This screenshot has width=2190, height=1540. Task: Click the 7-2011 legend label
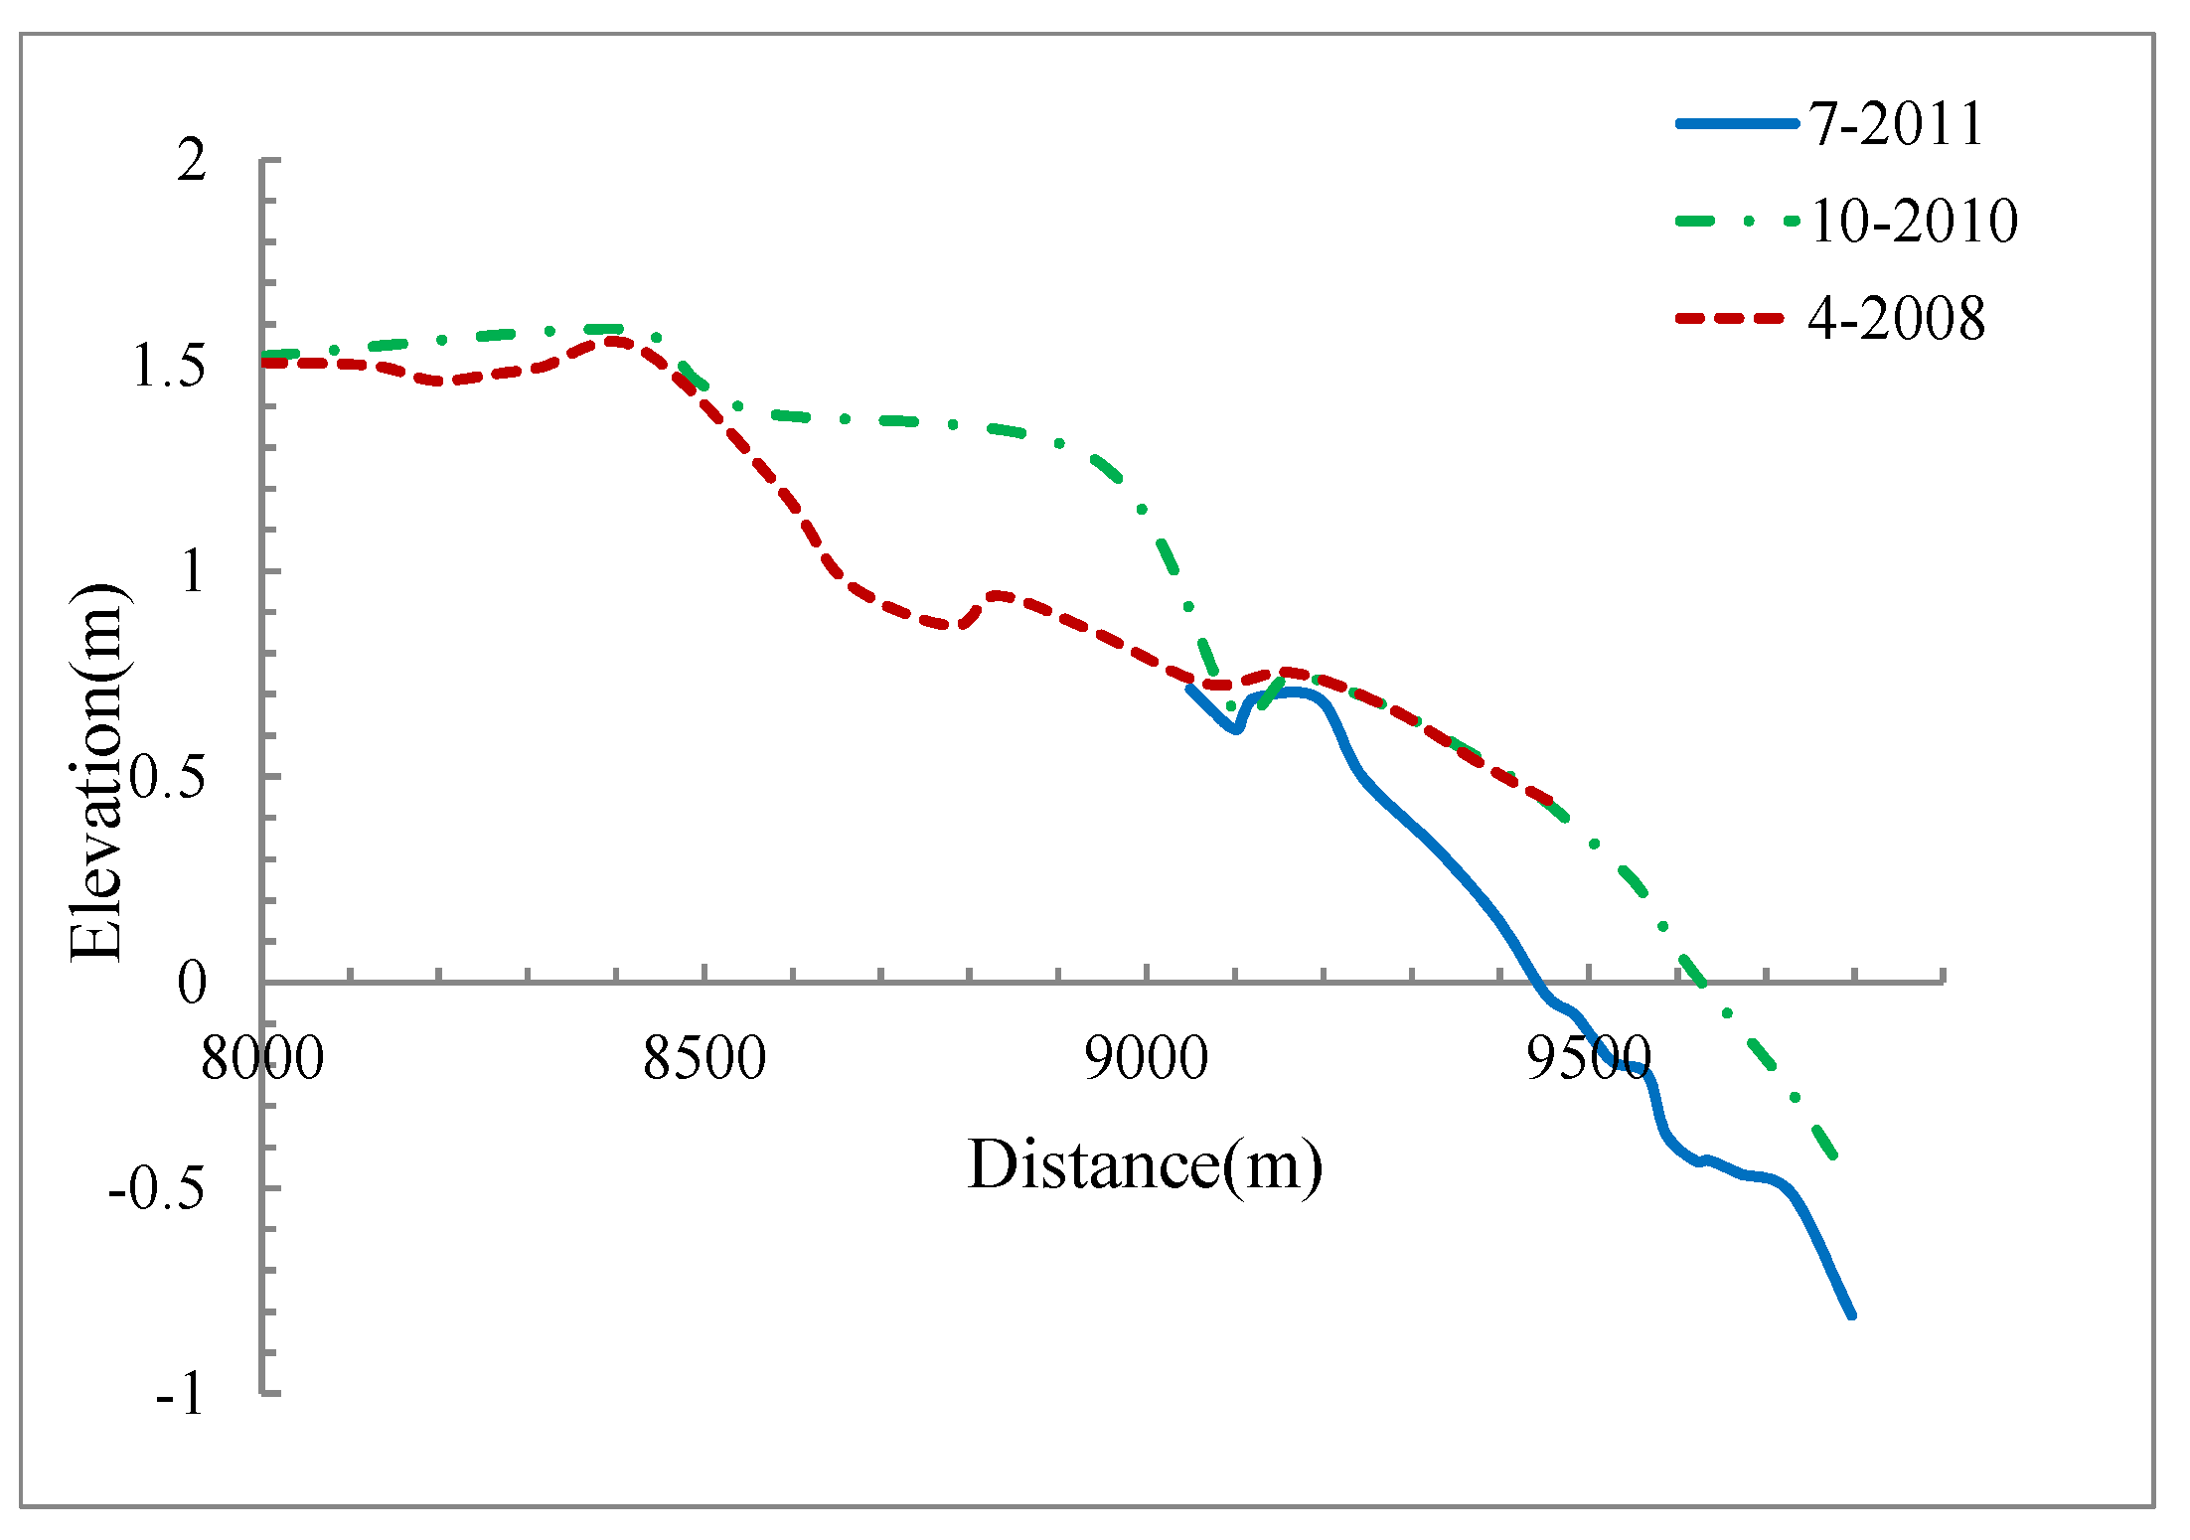[x=1896, y=124]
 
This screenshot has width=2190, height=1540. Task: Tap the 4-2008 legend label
[x=1896, y=319]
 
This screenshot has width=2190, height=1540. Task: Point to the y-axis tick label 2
[x=192, y=160]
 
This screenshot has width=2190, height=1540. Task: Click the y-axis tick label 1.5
[x=168, y=367]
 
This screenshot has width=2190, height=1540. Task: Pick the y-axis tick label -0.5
[x=157, y=1188]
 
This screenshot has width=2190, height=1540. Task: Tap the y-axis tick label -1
[x=180, y=1395]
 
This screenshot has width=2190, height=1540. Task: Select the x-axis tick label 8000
[x=262, y=1058]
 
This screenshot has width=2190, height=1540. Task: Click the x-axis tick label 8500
[x=704, y=1058]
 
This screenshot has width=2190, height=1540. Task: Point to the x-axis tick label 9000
[x=1146, y=1058]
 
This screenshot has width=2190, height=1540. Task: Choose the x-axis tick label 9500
[x=1588, y=1058]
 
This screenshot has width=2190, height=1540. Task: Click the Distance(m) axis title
[x=1145, y=1164]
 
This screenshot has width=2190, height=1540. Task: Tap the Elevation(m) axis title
[x=96, y=772]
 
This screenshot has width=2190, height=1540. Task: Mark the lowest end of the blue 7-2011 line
[x=1852, y=1315]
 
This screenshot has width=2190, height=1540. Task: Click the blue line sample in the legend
[x=1737, y=124]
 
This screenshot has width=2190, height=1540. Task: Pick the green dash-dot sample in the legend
[x=1737, y=222]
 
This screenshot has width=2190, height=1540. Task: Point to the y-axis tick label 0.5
[x=168, y=778]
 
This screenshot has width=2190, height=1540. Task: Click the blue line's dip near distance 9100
[x=1235, y=729]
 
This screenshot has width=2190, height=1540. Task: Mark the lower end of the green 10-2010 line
[x=1833, y=1155]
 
